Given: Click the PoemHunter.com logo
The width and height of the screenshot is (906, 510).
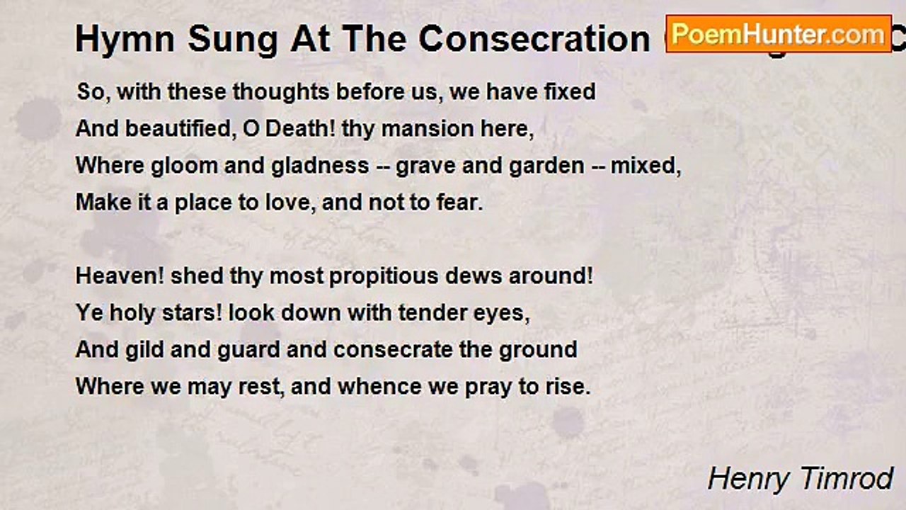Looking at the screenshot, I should (778, 33).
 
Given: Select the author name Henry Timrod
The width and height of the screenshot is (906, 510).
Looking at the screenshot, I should (800, 479).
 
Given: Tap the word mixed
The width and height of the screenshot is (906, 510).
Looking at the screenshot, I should (644, 166).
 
